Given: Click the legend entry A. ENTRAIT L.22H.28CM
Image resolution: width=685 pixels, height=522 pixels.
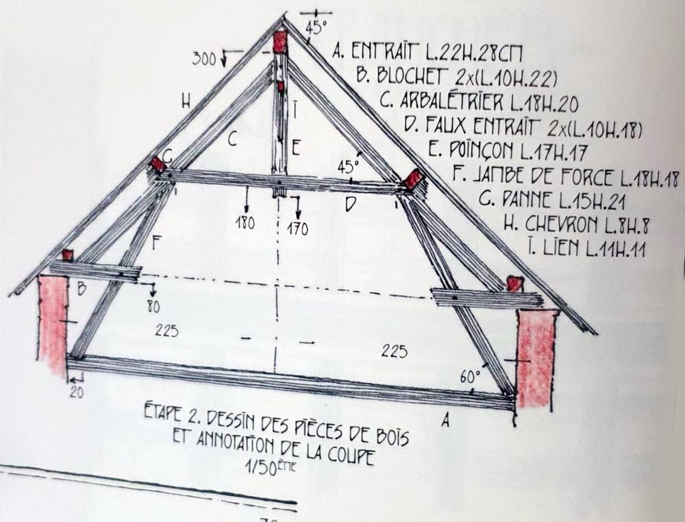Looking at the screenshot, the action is (427, 53).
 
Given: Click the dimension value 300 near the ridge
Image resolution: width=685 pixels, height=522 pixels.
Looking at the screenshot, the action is (204, 58).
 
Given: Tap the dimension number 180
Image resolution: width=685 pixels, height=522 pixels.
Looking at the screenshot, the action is (245, 223).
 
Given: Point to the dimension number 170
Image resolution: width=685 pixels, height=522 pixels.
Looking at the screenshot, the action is (297, 229).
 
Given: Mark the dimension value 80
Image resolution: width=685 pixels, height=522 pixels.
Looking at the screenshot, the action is (153, 307).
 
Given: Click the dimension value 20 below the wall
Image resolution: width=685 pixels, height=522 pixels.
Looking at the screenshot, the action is (77, 393).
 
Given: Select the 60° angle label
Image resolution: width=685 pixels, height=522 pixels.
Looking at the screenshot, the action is (470, 375).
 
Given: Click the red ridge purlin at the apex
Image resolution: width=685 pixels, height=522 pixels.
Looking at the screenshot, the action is (280, 42).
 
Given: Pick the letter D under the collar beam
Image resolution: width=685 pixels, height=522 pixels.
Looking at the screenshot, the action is (351, 204).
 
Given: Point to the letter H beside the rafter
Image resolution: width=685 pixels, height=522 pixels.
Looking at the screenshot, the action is (186, 102).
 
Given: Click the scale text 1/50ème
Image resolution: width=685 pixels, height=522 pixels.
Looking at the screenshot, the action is (271, 467).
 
